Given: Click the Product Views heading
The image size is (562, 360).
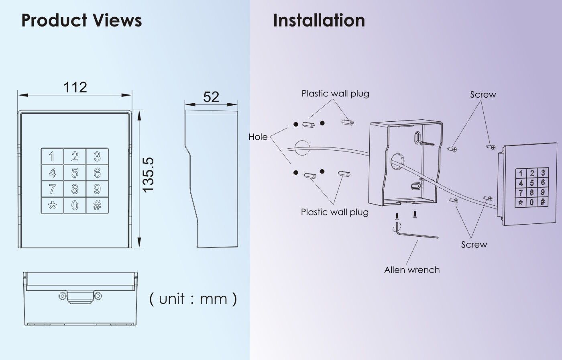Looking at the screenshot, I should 81,20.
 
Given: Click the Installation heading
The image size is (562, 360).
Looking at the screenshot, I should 319,20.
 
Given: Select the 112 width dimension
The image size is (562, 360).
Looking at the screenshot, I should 75,87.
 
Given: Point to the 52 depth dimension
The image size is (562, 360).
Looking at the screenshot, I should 211,97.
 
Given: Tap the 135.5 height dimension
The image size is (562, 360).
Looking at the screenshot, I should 148,174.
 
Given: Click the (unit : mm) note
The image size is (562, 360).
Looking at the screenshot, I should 193,299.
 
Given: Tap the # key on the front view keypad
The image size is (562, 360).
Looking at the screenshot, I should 97,205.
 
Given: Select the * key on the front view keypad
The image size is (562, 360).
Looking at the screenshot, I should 52,205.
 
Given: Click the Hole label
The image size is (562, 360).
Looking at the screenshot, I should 258,137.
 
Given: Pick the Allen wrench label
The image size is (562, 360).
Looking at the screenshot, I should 412,270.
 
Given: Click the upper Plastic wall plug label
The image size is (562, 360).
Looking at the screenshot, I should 335,94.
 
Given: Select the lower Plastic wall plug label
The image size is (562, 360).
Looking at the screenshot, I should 335,212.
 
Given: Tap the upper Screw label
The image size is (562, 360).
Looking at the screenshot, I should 483,94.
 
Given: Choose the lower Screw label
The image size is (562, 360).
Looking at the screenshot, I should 474,245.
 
